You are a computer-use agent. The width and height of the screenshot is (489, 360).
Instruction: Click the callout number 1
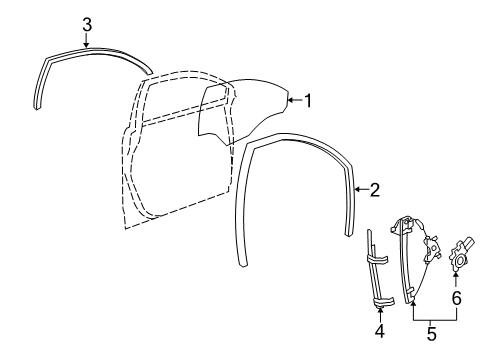tap(308, 100)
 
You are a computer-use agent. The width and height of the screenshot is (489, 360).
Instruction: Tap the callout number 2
tap(375, 187)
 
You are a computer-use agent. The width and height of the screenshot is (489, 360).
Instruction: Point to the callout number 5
tap(432, 334)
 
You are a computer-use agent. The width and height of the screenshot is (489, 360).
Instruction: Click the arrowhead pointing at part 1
tap(289, 100)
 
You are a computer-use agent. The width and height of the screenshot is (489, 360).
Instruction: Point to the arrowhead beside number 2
tap(358, 186)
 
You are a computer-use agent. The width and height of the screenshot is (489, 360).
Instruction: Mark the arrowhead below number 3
tap(87, 45)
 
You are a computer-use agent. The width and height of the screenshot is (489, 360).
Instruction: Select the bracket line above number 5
tap(432, 317)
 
